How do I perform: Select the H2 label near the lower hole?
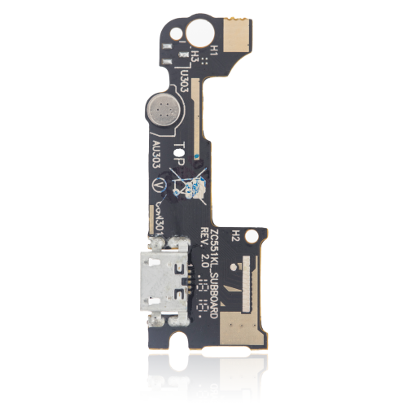(x=234, y=234)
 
